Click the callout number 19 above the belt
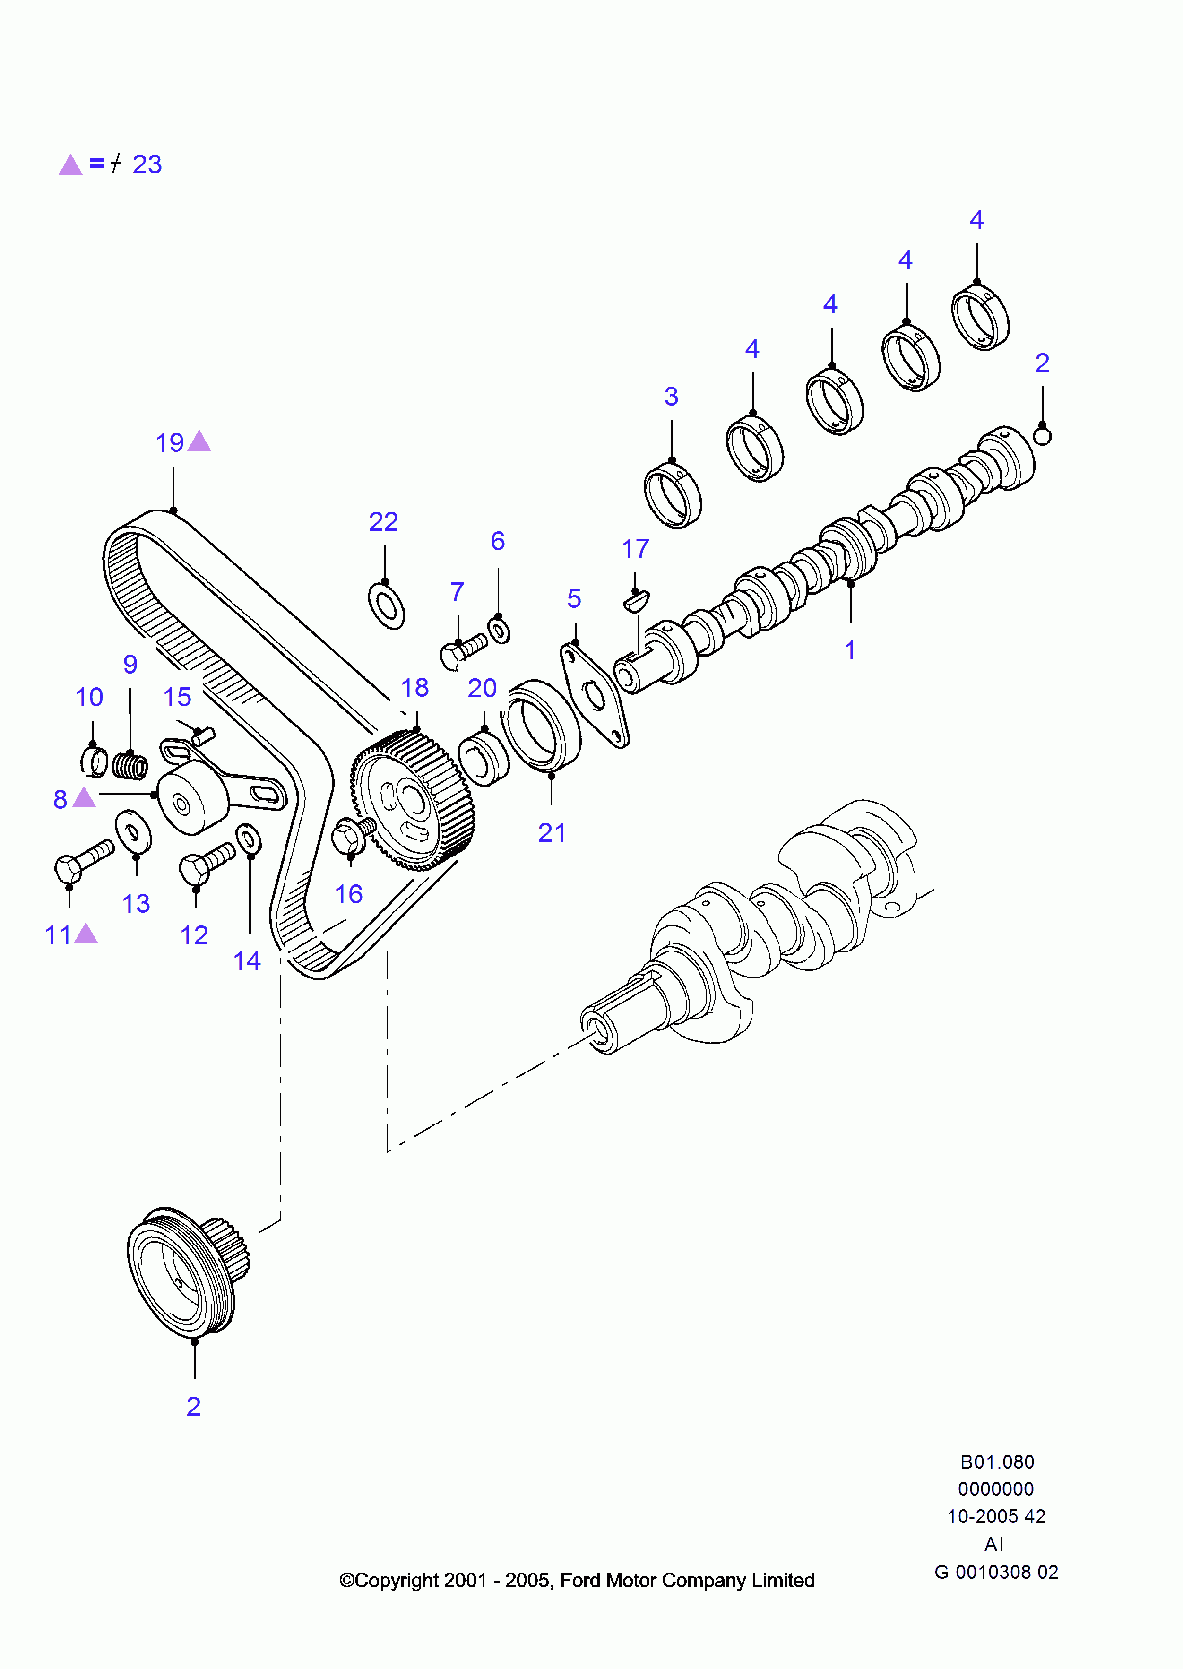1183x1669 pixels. [170, 443]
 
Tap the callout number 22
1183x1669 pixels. [383, 522]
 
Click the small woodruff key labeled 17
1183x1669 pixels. [637, 601]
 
